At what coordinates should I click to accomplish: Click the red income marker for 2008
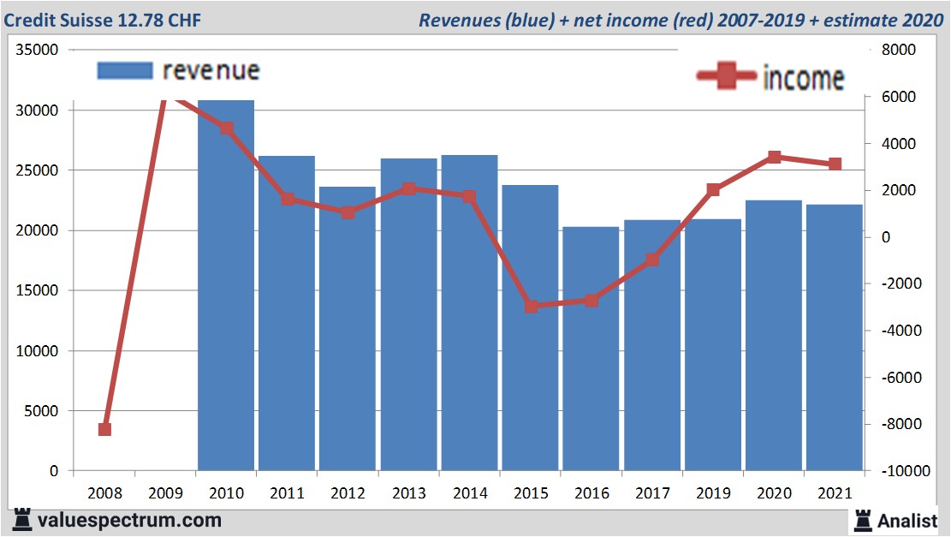coord(104,429)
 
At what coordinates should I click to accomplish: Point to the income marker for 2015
coord(531,306)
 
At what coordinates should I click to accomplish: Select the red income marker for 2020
coord(774,157)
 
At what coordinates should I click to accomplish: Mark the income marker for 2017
coord(652,260)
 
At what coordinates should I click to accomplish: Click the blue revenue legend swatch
coord(125,70)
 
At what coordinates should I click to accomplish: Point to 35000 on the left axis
coord(37,50)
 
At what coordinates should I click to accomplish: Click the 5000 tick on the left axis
coord(40,411)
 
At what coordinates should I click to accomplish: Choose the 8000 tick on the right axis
coord(899,50)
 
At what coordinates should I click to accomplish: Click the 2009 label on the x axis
coord(165,493)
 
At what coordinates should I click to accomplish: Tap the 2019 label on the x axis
coord(713,493)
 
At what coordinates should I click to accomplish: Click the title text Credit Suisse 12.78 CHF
coord(102,20)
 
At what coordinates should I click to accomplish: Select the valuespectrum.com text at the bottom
coord(129,520)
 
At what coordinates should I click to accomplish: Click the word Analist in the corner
coord(907,520)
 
